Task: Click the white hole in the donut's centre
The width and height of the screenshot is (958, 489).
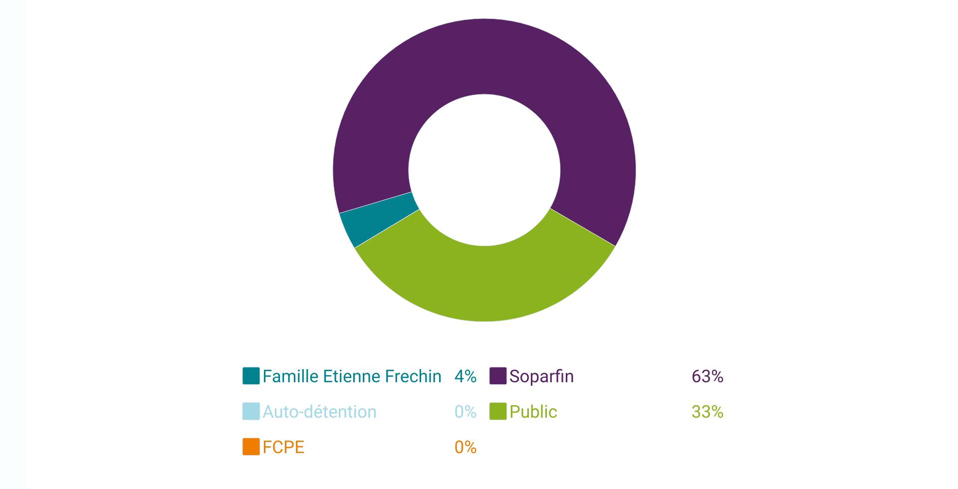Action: pyautogui.click(x=484, y=170)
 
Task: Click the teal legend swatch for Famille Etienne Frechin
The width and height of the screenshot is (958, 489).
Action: pyautogui.click(x=251, y=376)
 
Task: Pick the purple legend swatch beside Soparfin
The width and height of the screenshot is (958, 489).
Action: pyautogui.click(x=497, y=376)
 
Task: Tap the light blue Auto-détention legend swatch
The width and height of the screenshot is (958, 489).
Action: pyautogui.click(x=251, y=411)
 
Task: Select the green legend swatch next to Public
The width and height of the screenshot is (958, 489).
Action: pyautogui.click(x=497, y=411)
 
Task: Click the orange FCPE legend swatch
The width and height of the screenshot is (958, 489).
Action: pyautogui.click(x=251, y=447)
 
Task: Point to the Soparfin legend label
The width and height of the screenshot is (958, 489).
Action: pyautogui.click(x=541, y=376)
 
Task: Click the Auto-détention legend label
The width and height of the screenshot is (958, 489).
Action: pyautogui.click(x=319, y=412)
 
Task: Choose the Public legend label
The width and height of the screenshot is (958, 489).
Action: pyautogui.click(x=533, y=412)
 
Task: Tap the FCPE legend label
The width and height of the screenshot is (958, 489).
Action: pyautogui.click(x=283, y=447)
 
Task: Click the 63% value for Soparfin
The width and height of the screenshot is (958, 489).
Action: pyautogui.click(x=707, y=376)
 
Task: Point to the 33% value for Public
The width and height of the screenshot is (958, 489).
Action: pyautogui.click(x=707, y=412)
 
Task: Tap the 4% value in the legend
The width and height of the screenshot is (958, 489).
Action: pyautogui.click(x=465, y=376)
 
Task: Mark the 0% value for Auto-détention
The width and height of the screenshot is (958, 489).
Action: pyautogui.click(x=465, y=412)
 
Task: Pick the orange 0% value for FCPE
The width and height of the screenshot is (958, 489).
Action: pyautogui.click(x=465, y=447)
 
